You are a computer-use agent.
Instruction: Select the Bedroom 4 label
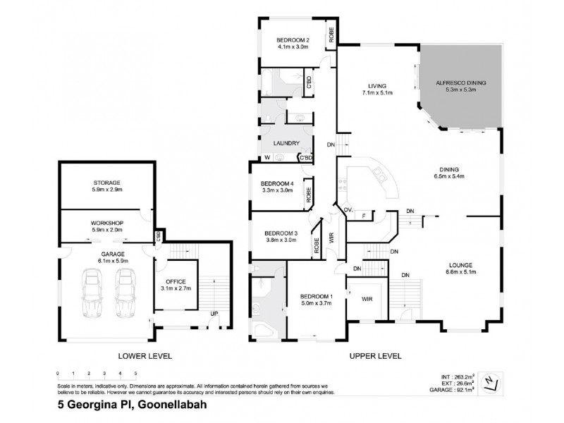click(x=276, y=186)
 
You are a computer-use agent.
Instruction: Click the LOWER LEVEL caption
click(x=145, y=356)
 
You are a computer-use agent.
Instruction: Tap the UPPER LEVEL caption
click(x=375, y=356)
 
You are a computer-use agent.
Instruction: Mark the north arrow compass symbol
click(x=497, y=383)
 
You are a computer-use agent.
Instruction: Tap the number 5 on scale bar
click(x=135, y=373)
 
